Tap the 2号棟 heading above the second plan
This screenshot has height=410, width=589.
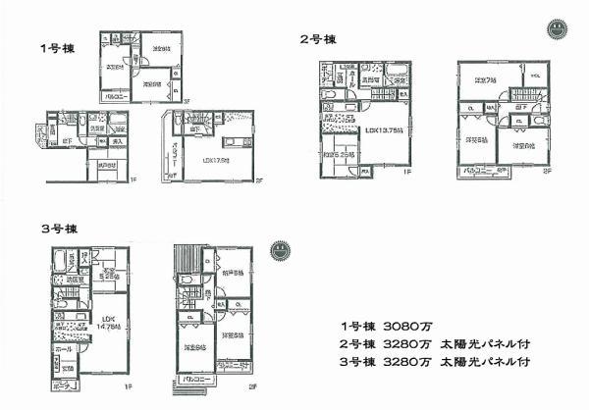[x=316, y=40]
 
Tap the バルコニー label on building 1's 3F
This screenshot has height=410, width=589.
[x=115, y=97]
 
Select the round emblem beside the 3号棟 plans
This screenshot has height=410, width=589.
[x=282, y=249]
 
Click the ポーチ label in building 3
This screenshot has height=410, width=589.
[x=62, y=384]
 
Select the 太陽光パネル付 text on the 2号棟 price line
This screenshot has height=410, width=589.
[x=487, y=343]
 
